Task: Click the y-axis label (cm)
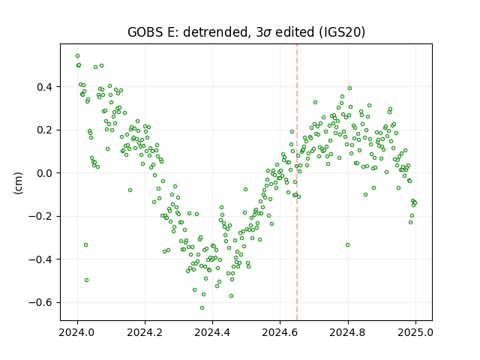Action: pyautogui.click(x=18, y=183)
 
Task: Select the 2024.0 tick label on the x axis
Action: pyautogui.click(x=77, y=332)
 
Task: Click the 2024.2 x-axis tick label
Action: pyautogui.click(x=145, y=332)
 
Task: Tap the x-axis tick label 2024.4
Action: pyautogui.click(x=212, y=332)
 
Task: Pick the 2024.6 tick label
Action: pyautogui.click(x=280, y=332)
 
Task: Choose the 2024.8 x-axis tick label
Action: pyautogui.click(x=348, y=332)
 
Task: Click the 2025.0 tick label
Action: pyautogui.click(x=415, y=332)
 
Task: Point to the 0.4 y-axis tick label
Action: pyautogui.click(x=45, y=87)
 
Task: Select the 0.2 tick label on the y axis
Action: pyautogui.click(x=45, y=130)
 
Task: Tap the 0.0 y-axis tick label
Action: pyautogui.click(x=45, y=173)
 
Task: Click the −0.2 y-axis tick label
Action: pyautogui.click(x=41, y=217)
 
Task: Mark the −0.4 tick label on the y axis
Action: pyautogui.click(x=41, y=259)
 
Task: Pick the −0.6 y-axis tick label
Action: pyautogui.click(x=41, y=303)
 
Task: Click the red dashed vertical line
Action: pyautogui.click(x=297, y=182)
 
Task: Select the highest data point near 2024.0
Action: pyautogui.click(x=78, y=56)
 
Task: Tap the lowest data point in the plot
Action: pyautogui.click(x=202, y=308)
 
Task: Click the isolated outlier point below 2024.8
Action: pyautogui.click(x=347, y=245)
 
